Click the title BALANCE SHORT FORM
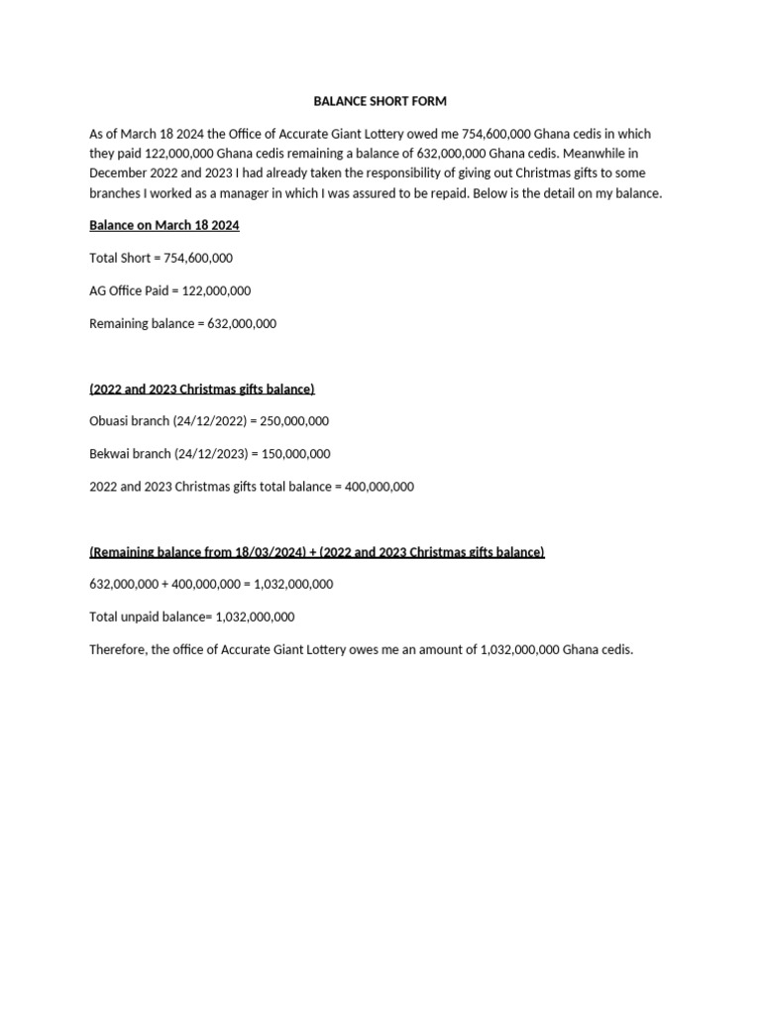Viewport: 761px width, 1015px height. [x=380, y=101]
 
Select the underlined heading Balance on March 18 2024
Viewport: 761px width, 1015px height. [x=164, y=226]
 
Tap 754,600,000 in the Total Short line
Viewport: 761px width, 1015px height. [x=198, y=258]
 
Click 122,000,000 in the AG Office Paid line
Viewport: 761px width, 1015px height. [x=216, y=290]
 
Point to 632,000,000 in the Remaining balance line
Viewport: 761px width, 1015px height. [x=242, y=323]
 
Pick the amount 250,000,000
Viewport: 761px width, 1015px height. [x=294, y=421]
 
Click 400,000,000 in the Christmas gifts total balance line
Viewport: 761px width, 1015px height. [x=380, y=487]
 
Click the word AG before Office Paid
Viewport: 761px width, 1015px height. [x=99, y=290]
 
